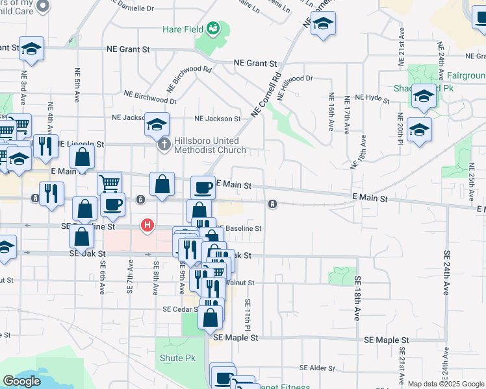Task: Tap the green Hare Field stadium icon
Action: point(213,29)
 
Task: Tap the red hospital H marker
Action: point(147,226)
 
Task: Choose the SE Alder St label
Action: point(318,368)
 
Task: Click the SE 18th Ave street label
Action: point(357,298)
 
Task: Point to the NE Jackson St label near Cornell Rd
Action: point(218,119)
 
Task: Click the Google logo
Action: point(21,381)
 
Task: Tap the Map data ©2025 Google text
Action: point(445,384)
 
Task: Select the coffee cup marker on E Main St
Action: point(203,187)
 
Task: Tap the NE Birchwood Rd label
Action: point(189,77)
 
